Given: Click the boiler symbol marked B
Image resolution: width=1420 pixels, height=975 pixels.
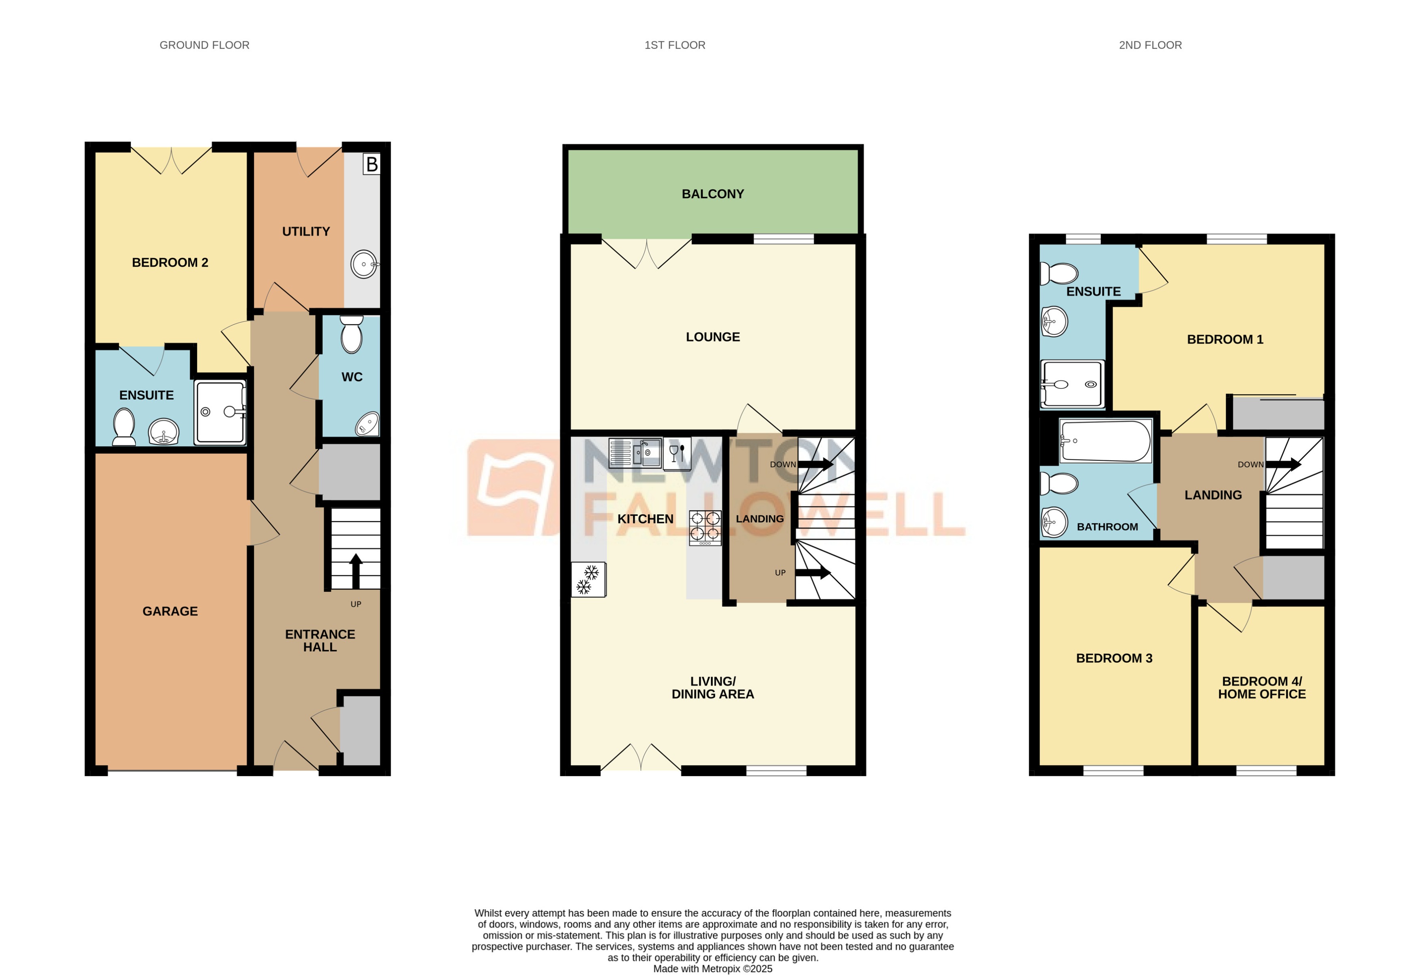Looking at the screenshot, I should pyautogui.click(x=371, y=164).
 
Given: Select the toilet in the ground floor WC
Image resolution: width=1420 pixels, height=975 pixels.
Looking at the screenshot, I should pyautogui.click(x=351, y=334).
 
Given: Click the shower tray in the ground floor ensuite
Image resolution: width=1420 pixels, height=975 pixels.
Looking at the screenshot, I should pyautogui.click(x=220, y=412).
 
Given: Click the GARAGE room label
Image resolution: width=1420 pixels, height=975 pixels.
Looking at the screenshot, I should pyautogui.click(x=170, y=611).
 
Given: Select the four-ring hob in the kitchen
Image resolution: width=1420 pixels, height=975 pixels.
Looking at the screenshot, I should pyautogui.click(x=704, y=528).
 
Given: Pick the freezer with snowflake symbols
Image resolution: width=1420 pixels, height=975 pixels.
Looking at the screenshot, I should pyautogui.click(x=588, y=580).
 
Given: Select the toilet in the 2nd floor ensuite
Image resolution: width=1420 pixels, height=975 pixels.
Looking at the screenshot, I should pyautogui.click(x=1059, y=273).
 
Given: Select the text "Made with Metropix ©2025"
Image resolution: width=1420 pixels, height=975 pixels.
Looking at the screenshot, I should pyautogui.click(x=712, y=968).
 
